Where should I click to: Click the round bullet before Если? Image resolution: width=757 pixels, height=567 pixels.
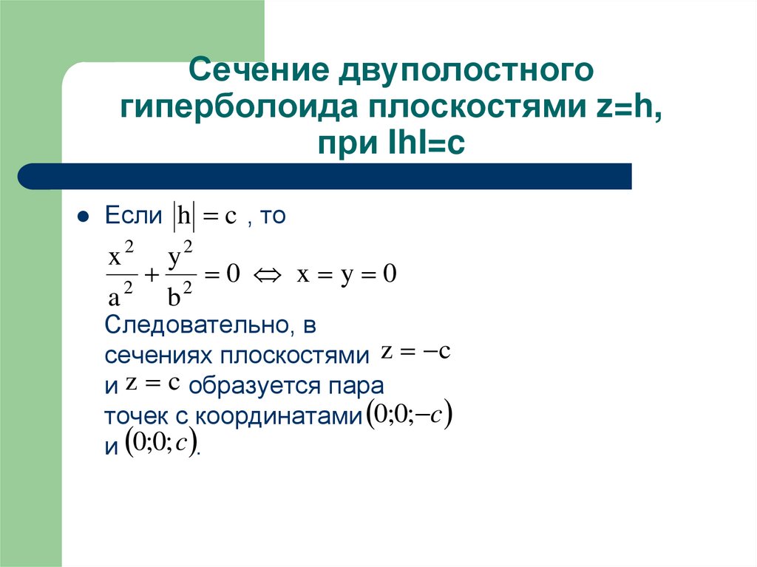(83, 217)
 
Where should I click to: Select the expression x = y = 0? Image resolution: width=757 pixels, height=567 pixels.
(347, 276)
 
